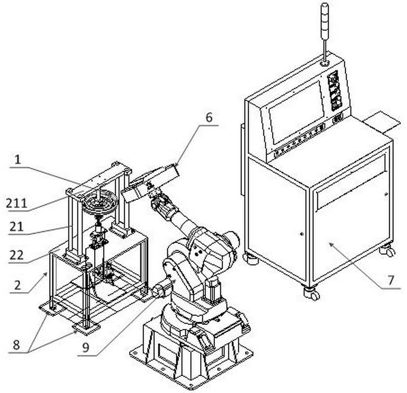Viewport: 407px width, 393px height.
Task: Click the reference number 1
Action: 18,160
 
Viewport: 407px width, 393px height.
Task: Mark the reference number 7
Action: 391,280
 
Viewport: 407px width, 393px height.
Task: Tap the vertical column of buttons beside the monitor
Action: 335,91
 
